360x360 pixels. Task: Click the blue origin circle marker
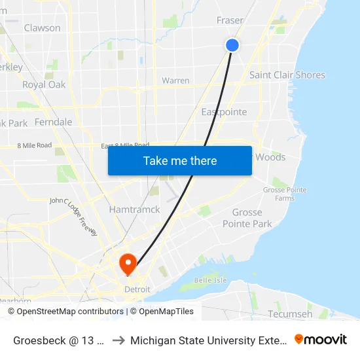pyautogui.click(x=232, y=45)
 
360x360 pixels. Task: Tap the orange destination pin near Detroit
pyautogui.click(x=127, y=264)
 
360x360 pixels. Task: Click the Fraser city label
pyautogui.click(x=230, y=21)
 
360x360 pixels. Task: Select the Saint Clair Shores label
pyautogui.click(x=287, y=75)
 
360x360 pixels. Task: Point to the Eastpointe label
pyautogui.click(x=224, y=112)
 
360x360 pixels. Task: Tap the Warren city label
pyautogui.click(x=175, y=81)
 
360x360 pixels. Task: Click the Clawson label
pyautogui.click(x=42, y=28)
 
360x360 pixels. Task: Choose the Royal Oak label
pyautogui.click(x=44, y=84)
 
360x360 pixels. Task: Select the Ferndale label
pyautogui.click(x=53, y=122)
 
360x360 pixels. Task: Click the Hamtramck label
pyautogui.click(x=134, y=209)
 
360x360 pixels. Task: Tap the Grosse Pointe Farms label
pyautogui.click(x=284, y=194)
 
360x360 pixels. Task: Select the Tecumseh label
pyautogui.click(x=290, y=314)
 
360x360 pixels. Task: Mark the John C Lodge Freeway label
pyautogui.click(x=73, y=217)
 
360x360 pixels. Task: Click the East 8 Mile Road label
pyautogui.click(x=125, y=145)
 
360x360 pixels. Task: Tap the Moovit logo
pyautogui.click(x=320, y=339)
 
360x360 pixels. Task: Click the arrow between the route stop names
pyautogui.click(x=118, y=340)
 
